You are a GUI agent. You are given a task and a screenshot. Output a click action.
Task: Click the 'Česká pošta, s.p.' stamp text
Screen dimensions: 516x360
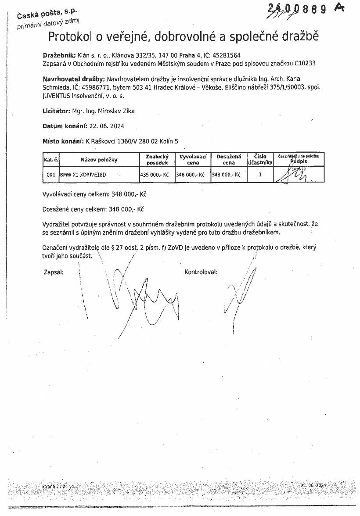[44, 14]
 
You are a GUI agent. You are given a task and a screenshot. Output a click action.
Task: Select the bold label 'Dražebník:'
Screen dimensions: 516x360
[59, 56]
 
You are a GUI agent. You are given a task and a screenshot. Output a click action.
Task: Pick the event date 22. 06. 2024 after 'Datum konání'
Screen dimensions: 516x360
[107, 126]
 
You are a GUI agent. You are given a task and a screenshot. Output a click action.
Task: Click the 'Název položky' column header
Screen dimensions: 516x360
[99, 160]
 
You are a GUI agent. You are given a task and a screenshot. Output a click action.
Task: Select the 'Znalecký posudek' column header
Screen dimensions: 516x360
[157, 159]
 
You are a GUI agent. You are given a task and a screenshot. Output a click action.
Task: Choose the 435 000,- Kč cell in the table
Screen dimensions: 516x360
[155, 175]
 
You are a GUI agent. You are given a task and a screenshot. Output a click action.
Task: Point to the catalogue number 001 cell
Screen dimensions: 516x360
[51, 175]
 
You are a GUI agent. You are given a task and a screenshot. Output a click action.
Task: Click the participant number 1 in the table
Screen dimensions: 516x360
[260, 174]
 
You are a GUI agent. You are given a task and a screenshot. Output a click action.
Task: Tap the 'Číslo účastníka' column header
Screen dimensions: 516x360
[260, 159]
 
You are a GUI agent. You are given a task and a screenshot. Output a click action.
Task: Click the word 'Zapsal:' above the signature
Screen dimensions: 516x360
[54, 272]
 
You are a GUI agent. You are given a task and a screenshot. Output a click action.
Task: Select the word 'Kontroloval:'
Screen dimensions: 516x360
[201, 272]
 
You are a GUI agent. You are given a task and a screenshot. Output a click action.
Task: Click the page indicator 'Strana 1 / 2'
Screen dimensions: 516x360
[53, 487]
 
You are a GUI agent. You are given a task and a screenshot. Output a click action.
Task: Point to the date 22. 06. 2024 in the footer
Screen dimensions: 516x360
[313, 485]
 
